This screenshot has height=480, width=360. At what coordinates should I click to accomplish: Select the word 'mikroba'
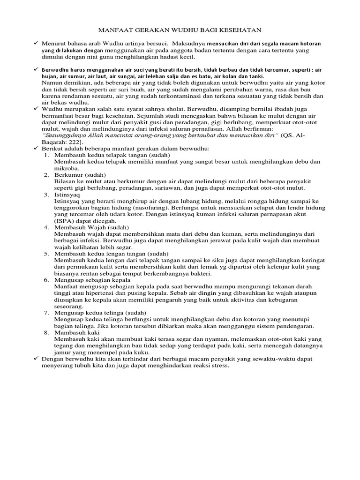point(67,168)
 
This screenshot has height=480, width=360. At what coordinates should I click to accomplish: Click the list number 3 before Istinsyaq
point(47,194)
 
